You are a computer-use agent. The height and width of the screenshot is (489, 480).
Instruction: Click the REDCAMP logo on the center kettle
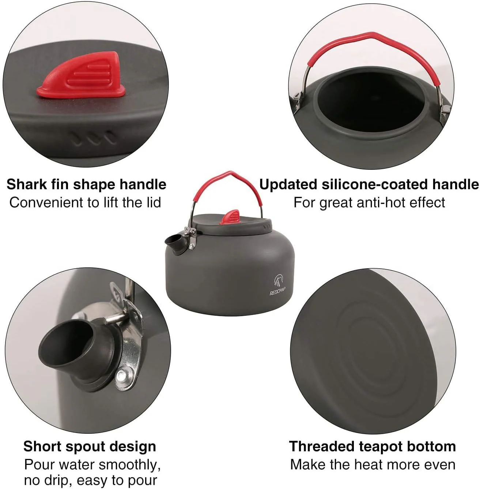(x=278, y=286)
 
